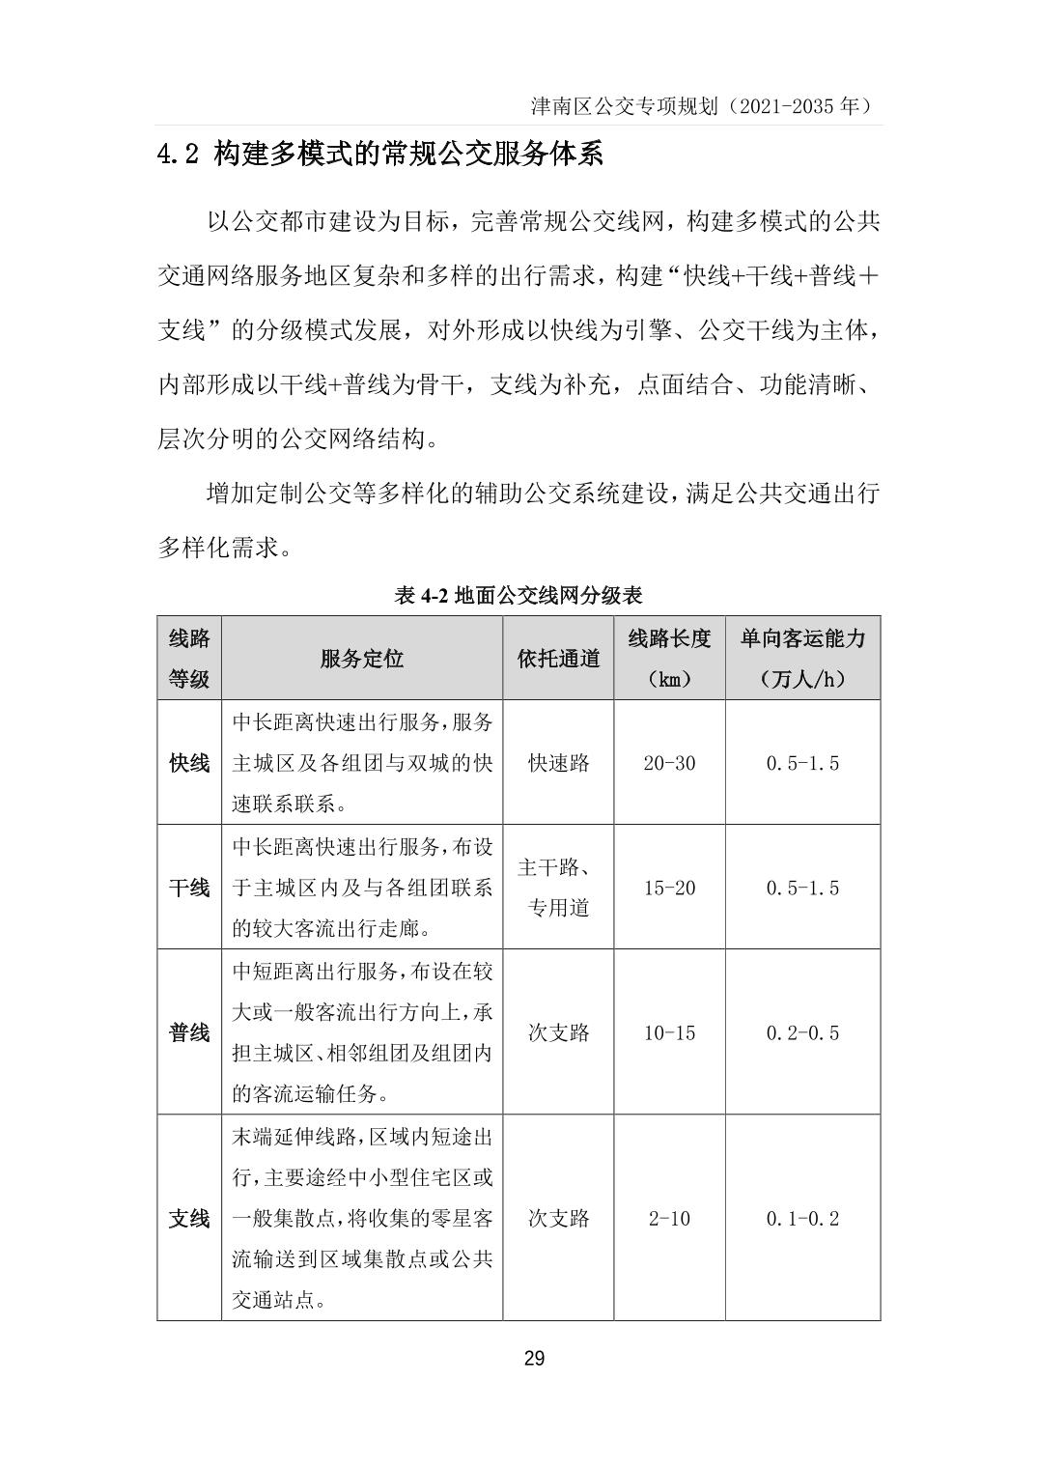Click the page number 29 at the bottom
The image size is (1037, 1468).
(x=534, y=1359)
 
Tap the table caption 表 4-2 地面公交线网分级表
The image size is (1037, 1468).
(x=518, y=595)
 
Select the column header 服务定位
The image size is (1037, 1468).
(x=361, y=659)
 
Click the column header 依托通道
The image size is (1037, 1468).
(x=558, y=659)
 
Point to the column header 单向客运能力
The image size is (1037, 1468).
(x=802, y=638)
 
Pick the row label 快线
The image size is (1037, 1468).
(x=189, y=763)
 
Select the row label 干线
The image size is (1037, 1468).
(x=189, y=888)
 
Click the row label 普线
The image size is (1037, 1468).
(x=189, y=1032)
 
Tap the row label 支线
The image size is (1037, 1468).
(x=189, y=1218)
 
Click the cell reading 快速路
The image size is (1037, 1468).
(x=558, y=763)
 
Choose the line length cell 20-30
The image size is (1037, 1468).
(x=669, y=763)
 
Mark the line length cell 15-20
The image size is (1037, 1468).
(x=669, y=888)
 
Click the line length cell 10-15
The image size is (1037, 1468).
(x=669, y=1032)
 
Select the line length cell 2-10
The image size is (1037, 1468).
(x=669, y=1218)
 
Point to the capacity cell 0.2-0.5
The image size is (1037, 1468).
(x=802, y=1032)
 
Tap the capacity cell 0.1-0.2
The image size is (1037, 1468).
(x=802, y=1218)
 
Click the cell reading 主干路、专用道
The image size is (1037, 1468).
(x=558, y=888)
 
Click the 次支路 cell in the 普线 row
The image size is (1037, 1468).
(x=558, y=1032)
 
